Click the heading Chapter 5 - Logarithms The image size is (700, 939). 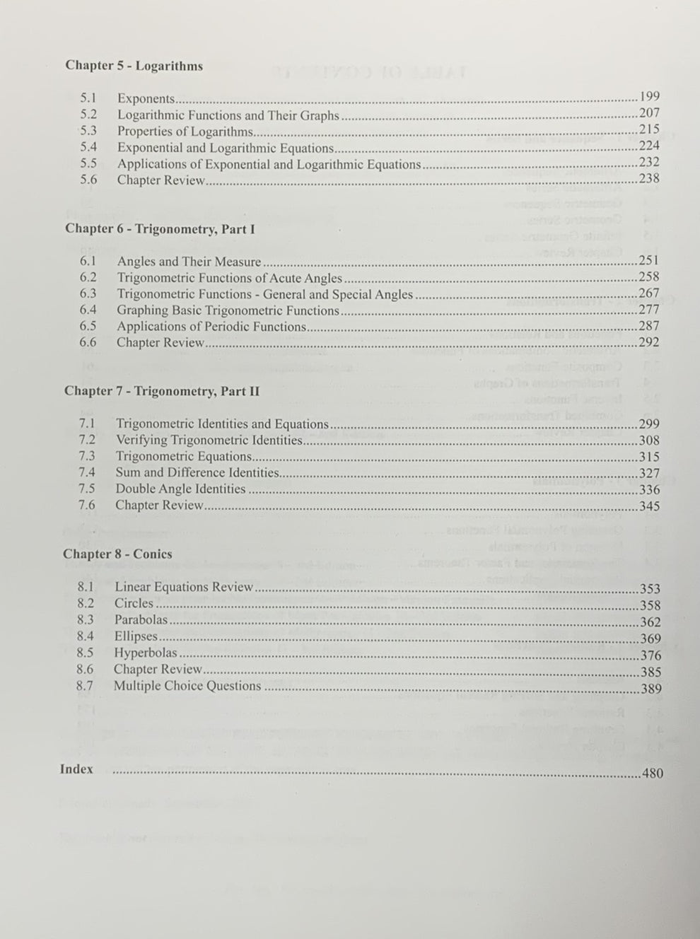tap(134, 66)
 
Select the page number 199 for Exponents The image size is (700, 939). tap(649, 97)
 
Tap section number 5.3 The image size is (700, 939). tap(88, 131)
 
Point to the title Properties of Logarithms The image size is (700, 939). tap(185, 132)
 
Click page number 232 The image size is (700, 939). tap(649, 162)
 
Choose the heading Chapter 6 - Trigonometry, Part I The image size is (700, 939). tap(160, 228)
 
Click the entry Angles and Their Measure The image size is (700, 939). tap(189, 262)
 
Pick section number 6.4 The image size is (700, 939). tap(88, 310)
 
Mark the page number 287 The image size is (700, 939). tap(648, 326)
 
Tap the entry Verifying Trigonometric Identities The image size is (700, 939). tap(209, 440)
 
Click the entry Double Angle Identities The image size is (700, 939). tap(180, 489)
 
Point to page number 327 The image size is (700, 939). tap(648, 473)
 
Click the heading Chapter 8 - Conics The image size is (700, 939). tap(117, 554)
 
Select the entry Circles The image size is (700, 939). tap(134, 603)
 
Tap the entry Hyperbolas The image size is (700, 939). tap(146, 653)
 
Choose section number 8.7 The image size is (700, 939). tap(85, 686)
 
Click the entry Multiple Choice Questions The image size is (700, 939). tap(187, 686)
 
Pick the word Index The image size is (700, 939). tap(76, 769)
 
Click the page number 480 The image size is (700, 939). tap(652, 774)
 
